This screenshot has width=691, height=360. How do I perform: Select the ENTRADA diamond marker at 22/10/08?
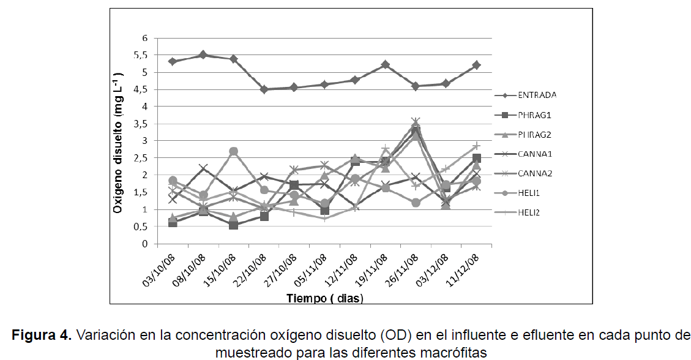264,89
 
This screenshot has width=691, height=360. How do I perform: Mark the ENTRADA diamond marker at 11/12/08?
476,65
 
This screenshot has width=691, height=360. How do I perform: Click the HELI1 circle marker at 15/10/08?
233,151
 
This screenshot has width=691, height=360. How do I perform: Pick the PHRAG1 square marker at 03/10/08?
173,222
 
